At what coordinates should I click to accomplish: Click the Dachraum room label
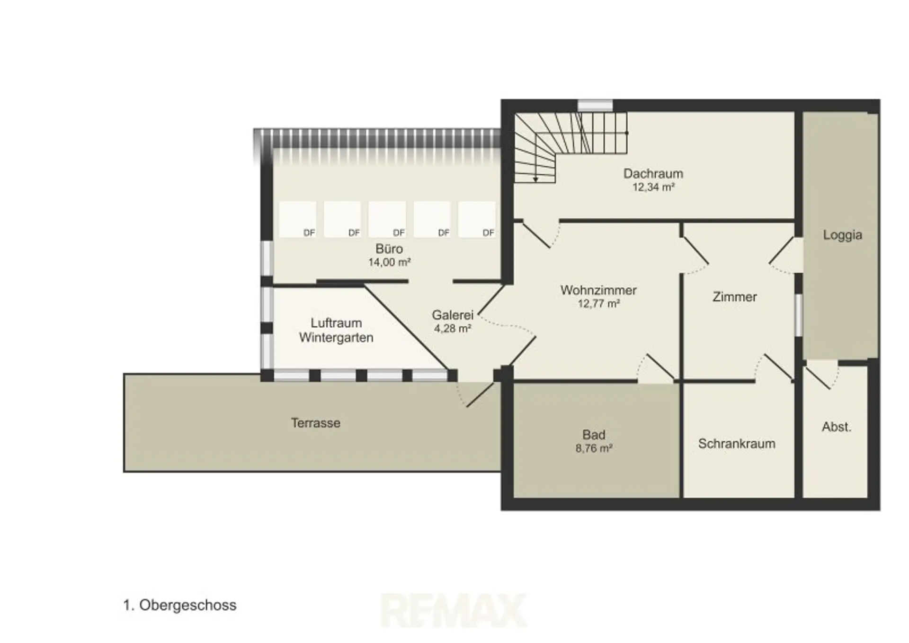tap(653, 174)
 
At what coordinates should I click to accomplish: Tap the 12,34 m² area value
tap(653, 188)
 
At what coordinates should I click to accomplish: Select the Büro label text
tap(389, 249)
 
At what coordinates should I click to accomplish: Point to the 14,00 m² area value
tap(389, 262)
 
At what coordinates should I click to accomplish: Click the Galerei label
tap(453, 315)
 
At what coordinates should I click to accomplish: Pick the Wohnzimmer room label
tap(598, 290)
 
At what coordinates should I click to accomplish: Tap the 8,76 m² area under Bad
tap(594, 448)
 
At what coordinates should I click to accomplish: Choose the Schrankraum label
tap(737, 444)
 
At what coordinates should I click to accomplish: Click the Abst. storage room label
tap(837, 427)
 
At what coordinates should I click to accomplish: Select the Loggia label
tap(842, 235)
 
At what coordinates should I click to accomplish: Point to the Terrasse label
tap(315, 423)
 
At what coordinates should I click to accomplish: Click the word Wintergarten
tap(336, 338)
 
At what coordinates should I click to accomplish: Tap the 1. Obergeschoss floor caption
tap(179, 605)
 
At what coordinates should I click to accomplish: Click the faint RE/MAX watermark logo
tap(454, 610)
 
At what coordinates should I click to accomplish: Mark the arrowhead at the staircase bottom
tap(535, 179)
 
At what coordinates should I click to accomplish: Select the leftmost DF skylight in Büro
tap(297, 219)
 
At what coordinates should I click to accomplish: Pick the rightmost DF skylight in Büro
tap(477, 219)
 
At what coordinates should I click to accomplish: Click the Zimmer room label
tap(734, 297)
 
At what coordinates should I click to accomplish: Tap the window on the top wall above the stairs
tap(595, 106)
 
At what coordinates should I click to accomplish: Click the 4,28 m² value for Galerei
tap(453, 328)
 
